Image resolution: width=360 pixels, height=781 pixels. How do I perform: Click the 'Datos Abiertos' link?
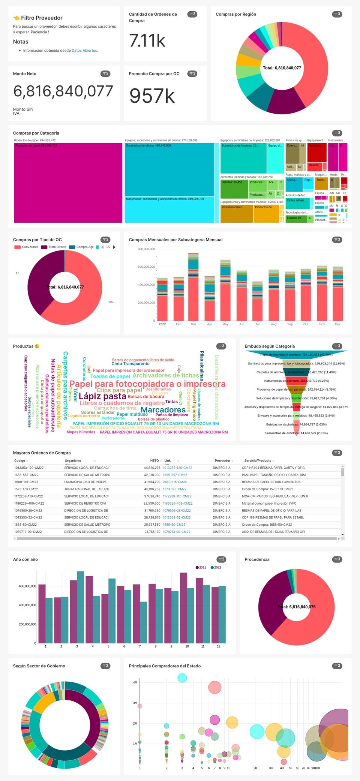click(x=84, y=51)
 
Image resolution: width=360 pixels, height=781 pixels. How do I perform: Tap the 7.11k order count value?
click(x=147, y=40)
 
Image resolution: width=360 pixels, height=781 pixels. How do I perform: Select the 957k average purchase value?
click(x=152, y=96)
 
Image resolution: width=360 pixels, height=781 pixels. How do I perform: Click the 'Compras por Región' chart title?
click(x=236, y=14)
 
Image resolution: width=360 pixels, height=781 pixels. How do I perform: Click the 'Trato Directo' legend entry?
click(x=57, y=247)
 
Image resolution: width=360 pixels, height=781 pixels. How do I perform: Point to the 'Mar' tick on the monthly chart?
click(x=193, y=324)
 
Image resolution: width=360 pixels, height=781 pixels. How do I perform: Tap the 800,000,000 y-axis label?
click(x=146, y=249)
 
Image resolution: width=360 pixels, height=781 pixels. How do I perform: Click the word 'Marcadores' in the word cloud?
click(x=163, y=410)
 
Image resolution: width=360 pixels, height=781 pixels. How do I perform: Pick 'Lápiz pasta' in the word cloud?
click(x=102, y=396)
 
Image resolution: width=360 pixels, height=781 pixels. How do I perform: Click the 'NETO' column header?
click(x=154, y=461)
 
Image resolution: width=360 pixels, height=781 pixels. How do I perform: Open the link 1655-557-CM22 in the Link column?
click(x=175, y=475)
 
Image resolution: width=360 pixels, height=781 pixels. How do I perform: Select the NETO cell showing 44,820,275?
click(x=152, y=468)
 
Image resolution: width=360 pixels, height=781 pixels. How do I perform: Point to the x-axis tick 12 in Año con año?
click(x=219, y=646)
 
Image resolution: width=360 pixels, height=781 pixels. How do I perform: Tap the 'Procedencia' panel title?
click(x=257, y=559)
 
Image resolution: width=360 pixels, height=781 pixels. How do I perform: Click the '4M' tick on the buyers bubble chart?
click(x=135, y=682)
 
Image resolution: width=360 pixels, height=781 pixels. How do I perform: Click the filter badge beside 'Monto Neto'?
click(x=105, y=74)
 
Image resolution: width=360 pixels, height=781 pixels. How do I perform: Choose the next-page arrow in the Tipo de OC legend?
click(x=114, y=247)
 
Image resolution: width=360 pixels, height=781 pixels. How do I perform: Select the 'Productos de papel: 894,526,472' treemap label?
click(x=35, y=141)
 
